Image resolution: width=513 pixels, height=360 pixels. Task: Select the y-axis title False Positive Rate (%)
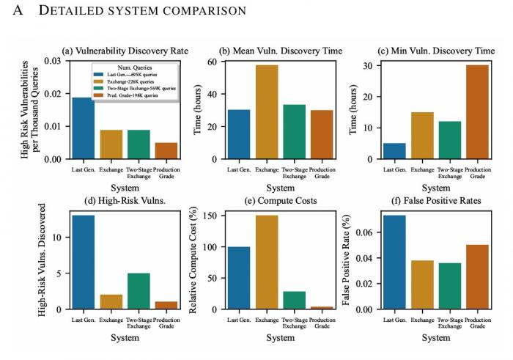(x=344, y=260)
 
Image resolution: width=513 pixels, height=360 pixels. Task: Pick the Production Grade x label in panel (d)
(x=166, y=323)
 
